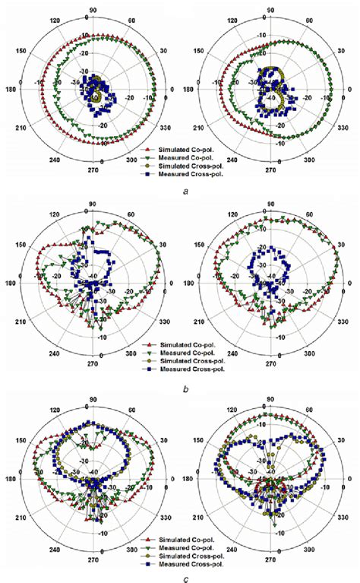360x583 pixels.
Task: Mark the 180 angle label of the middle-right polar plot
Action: [193, 280]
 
